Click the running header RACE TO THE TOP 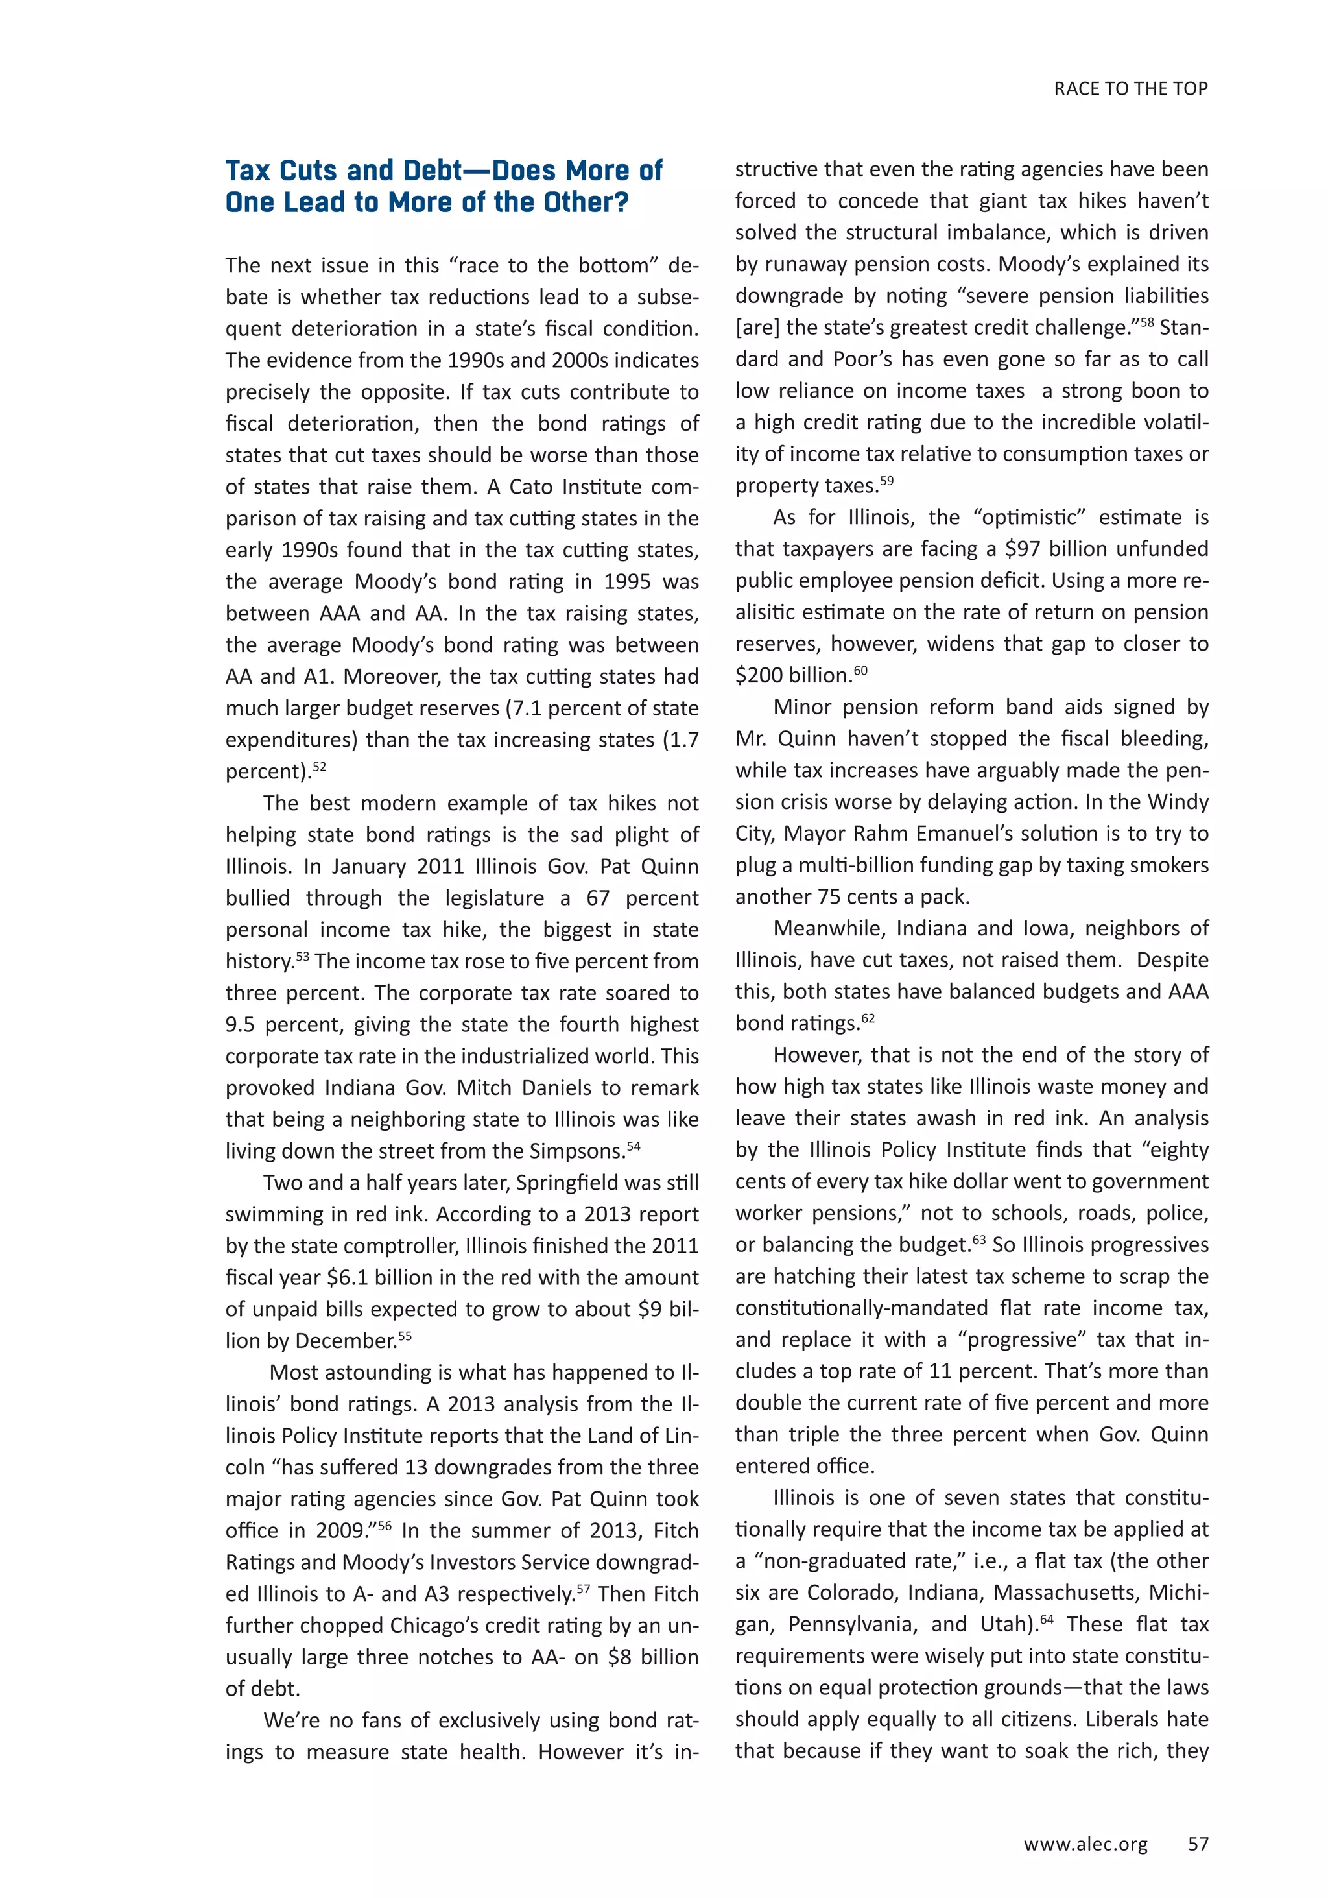coord(1130,90)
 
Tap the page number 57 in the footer coord(1198,1843)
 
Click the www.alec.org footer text coord(1085,1844)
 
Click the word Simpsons coord(582,1151)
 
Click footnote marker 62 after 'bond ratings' coord(868,1019)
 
